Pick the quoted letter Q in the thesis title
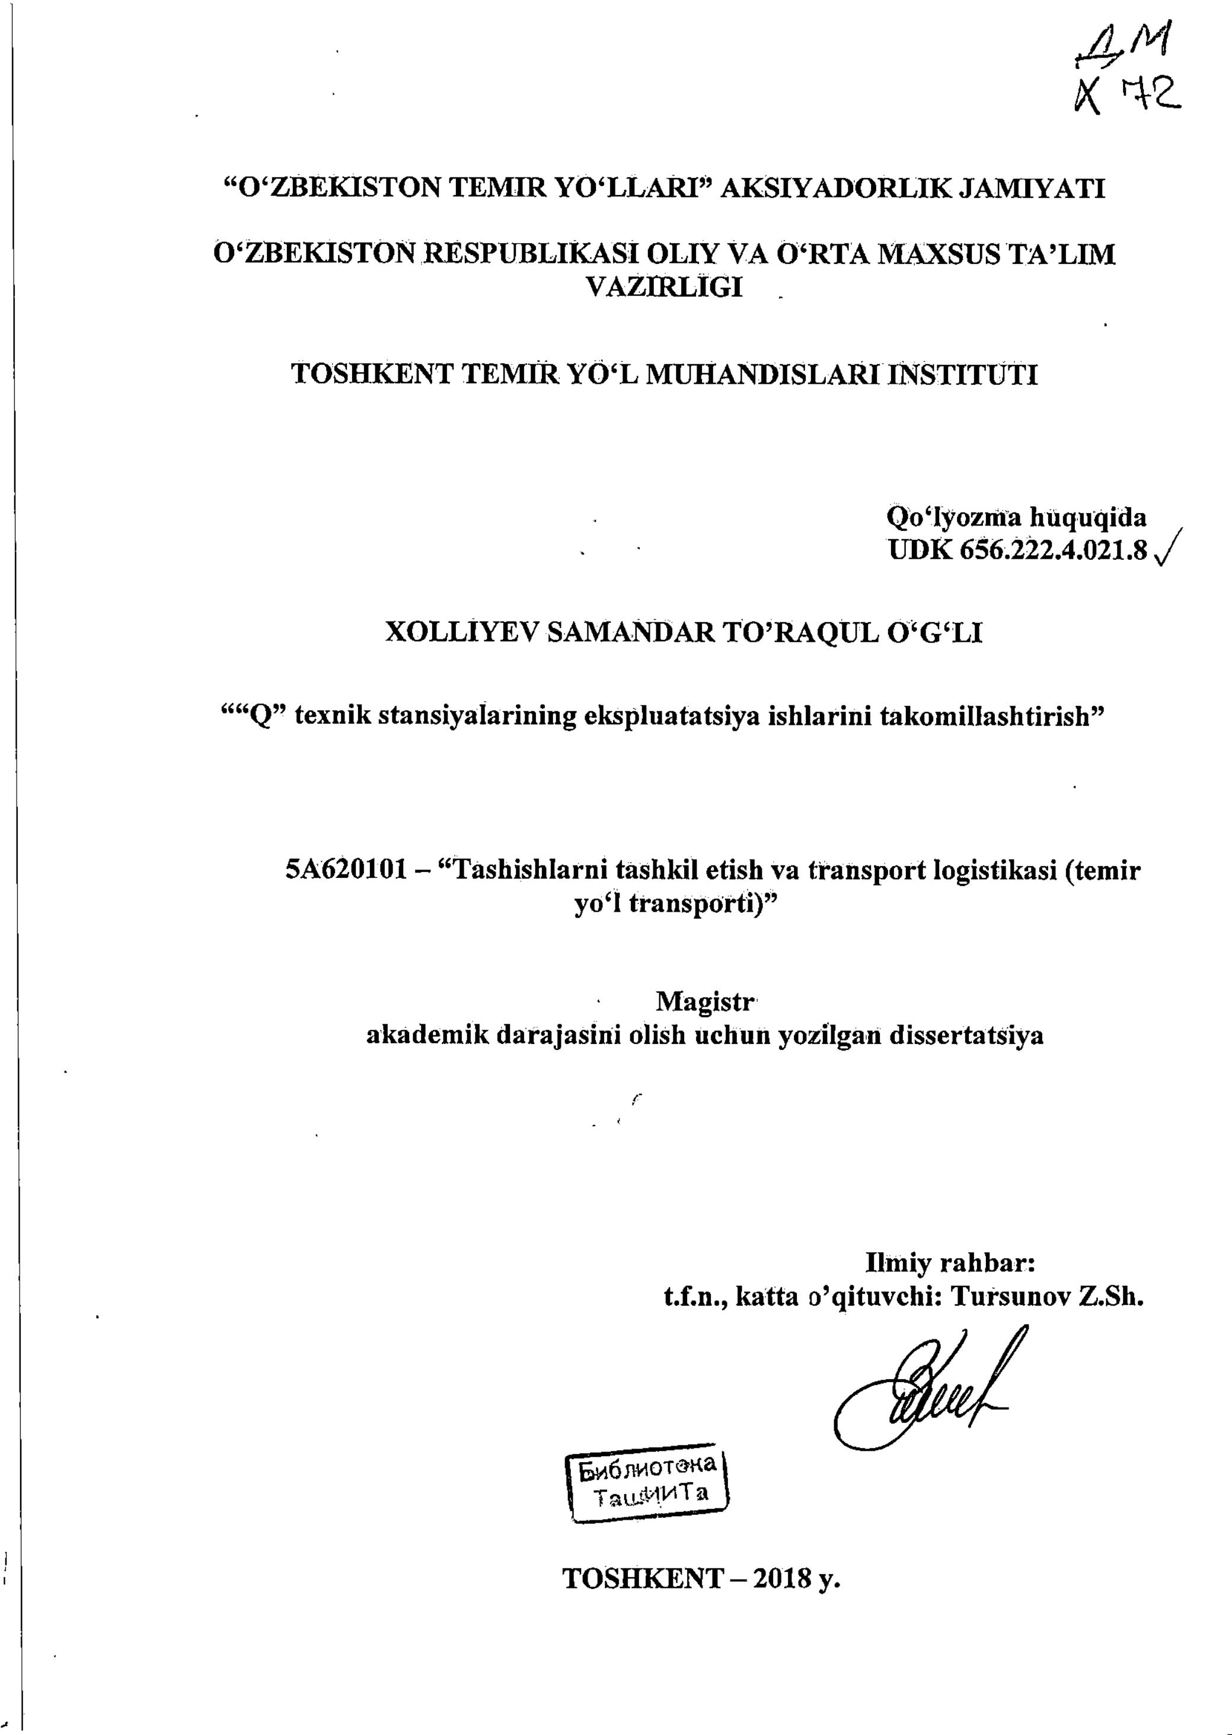point(260,717)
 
